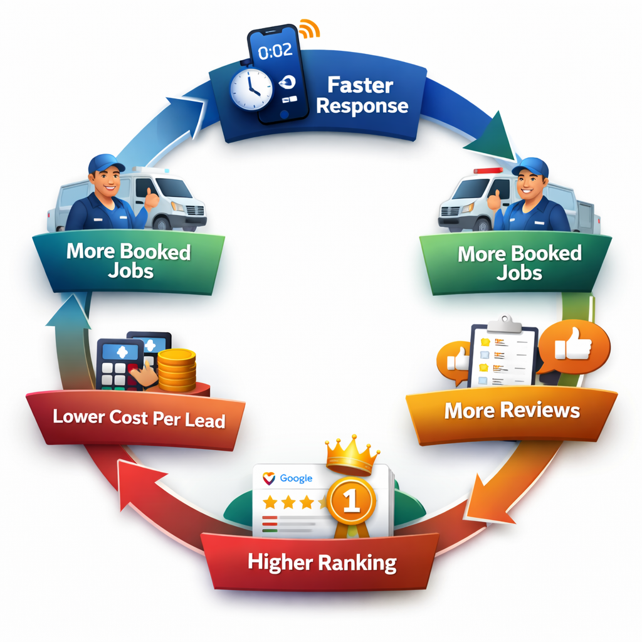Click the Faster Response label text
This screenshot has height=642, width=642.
362,95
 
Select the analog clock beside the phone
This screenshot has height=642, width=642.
250,88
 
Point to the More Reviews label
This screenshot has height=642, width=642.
512,411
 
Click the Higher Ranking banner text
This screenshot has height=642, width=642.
322,562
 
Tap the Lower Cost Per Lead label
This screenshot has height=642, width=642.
139,418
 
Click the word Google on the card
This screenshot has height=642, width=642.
296,478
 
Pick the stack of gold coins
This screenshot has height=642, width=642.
176,370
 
